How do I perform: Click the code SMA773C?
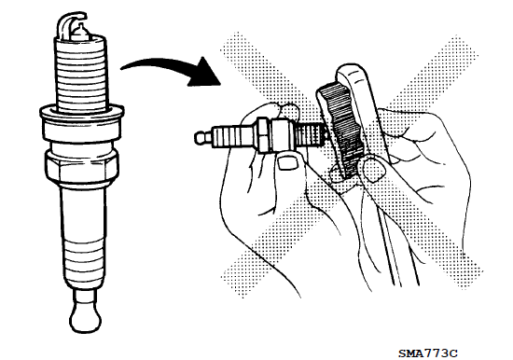tap(427, 353)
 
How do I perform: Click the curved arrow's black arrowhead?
tap(204, 74)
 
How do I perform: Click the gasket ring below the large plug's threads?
tap(82, 113)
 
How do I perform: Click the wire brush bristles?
tap(342, 130)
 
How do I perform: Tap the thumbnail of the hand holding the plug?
tap(287, 162)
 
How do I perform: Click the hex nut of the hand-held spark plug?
tap(264, 135)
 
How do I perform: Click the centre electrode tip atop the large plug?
tap(80, 30)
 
